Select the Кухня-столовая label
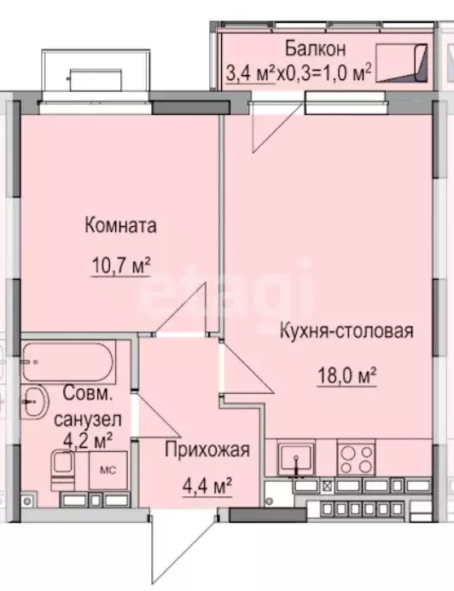coord(346,332)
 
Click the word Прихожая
coord(207,449)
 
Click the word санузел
coord(88,419)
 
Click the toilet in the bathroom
coord(63,468)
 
